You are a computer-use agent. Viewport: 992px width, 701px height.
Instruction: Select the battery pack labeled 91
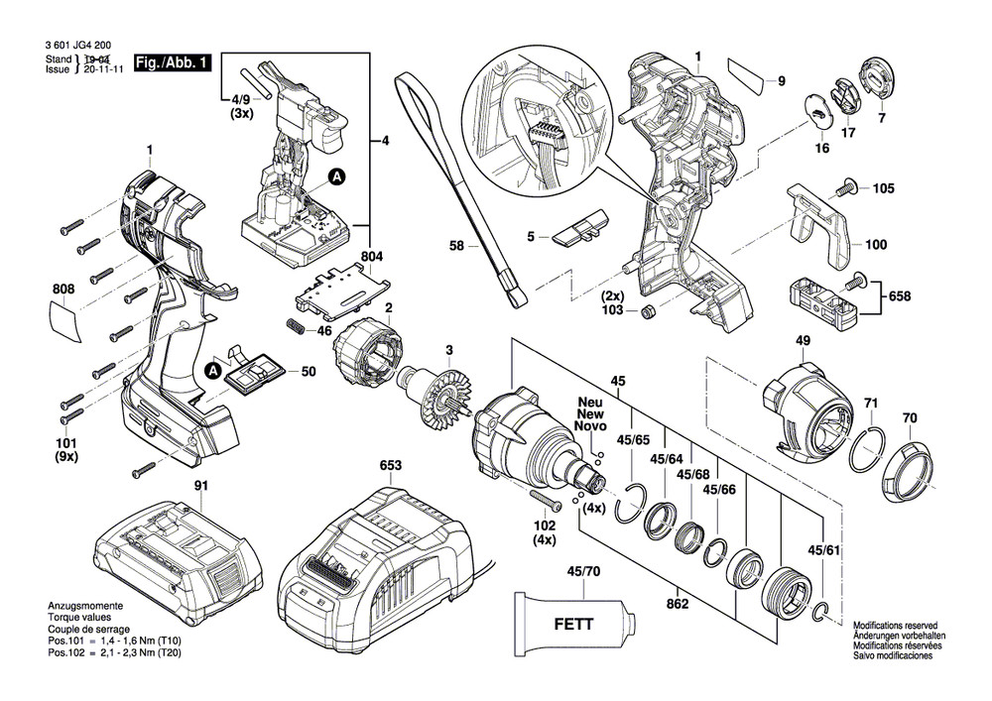(179, 556)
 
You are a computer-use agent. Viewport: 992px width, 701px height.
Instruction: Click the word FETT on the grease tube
(573, 625)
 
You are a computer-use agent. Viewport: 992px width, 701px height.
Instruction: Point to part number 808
(62, 291)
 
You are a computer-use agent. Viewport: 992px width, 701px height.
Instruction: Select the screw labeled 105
(849, 185)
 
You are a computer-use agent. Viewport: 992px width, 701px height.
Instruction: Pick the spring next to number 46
(297, 326)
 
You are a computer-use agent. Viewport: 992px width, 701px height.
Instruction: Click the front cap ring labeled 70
(906, 465)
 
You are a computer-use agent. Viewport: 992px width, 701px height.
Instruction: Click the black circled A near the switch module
(335, 178)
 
